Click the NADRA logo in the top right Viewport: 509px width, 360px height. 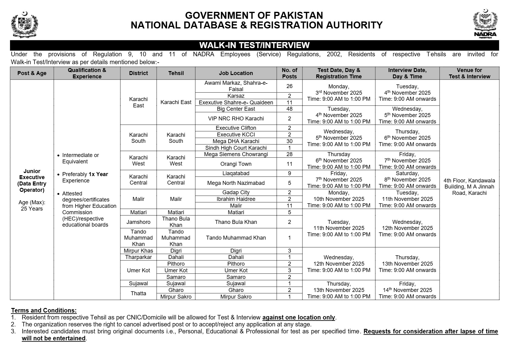[485, 24]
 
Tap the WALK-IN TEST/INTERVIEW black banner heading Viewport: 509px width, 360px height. [254, 45]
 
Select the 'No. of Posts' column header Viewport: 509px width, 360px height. [289, 73]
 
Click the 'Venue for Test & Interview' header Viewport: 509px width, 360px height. [469, 73]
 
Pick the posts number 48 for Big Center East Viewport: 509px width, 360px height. [289, 109]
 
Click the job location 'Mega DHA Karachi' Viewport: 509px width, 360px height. [236, 141]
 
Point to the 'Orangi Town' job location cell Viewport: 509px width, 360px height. [236, 164]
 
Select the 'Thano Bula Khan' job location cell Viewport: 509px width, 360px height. [236, 222]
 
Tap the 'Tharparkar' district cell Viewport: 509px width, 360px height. [138, 257]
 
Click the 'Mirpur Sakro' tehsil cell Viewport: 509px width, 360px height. [176, 297]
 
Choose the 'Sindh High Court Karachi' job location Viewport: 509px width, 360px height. [236, 148]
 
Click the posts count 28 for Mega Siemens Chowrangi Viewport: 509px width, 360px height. [289, 154]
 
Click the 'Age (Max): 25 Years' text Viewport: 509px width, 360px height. [32, 205]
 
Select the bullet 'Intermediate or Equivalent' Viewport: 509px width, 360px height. [80, 158]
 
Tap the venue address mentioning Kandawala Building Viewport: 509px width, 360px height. [469, 187]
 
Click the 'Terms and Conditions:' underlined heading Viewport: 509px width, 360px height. [44, 310]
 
